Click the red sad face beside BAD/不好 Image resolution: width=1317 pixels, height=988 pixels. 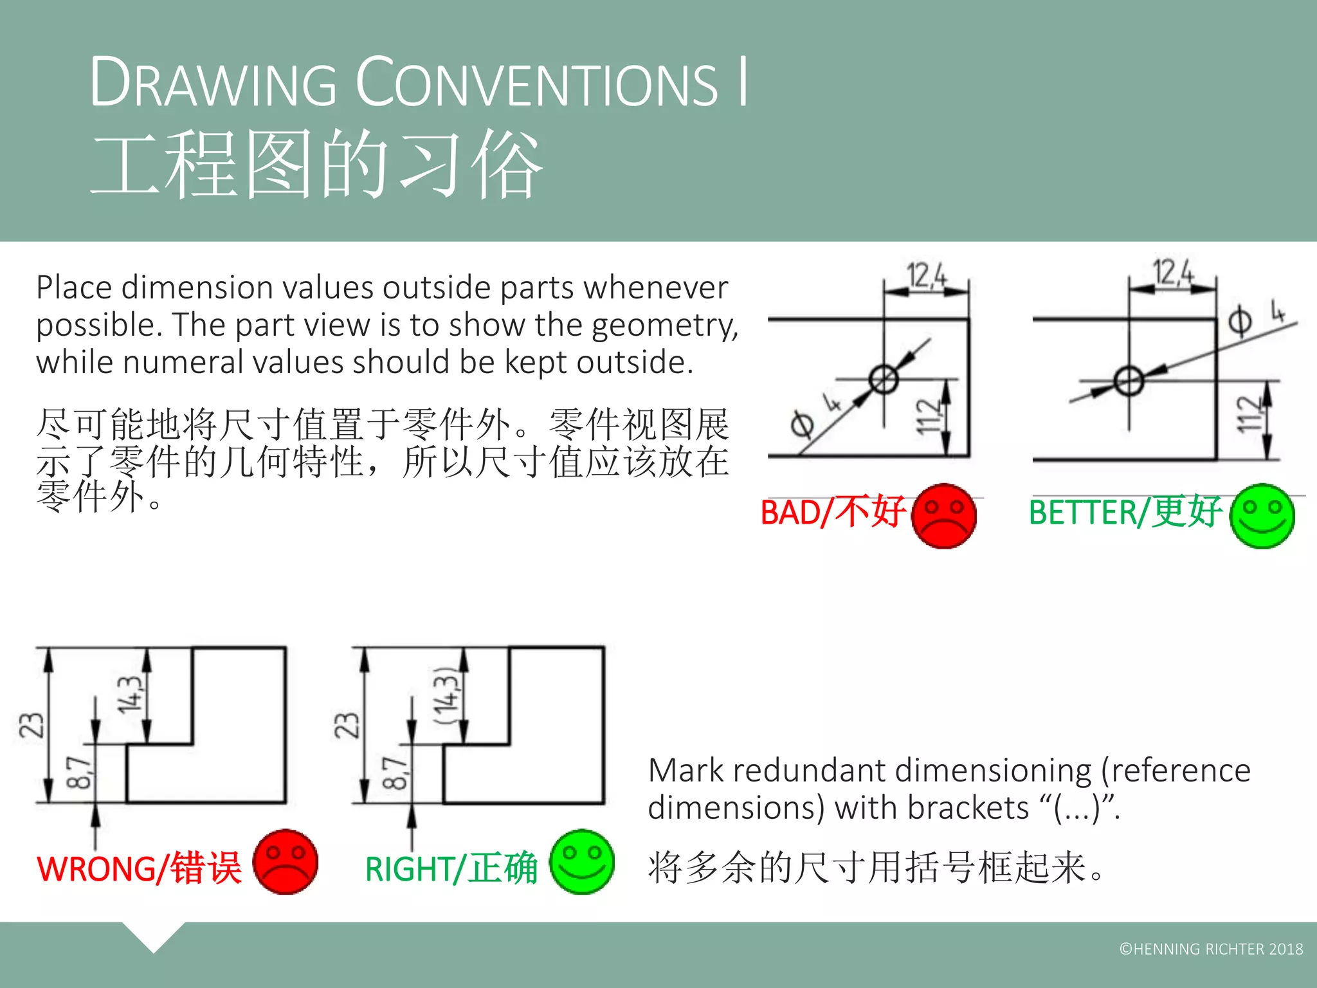(943, 516)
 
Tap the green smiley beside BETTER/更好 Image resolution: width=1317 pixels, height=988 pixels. (1262, 516)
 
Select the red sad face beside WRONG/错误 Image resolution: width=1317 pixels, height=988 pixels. (286, 862)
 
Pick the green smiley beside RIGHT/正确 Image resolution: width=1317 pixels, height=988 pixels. (582, 862)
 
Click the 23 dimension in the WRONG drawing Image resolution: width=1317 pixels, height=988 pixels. (32, 725)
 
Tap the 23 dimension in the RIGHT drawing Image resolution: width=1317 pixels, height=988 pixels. (347, 725)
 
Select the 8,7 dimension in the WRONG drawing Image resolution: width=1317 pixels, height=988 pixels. (79, 773)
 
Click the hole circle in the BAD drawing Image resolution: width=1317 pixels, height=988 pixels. (884, 379)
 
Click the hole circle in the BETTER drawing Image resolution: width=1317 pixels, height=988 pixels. (1129, 381)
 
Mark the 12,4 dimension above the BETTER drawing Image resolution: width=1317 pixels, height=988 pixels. (1173, 272)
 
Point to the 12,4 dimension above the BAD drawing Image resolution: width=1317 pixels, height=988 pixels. (927, 275)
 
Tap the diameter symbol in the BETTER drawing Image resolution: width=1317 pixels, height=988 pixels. (1240, 322)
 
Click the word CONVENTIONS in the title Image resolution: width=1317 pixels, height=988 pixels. (537, 84)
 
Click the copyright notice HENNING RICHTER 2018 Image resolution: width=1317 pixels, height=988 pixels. (1211, 949)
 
